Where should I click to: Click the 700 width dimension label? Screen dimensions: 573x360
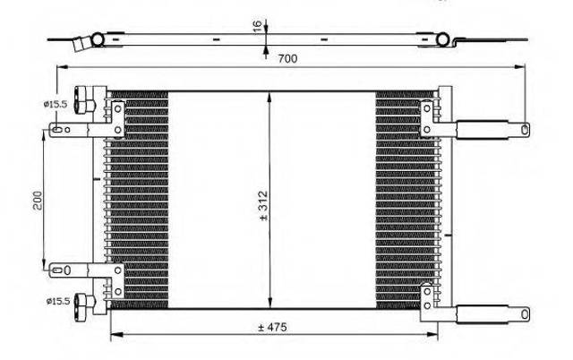pos(287,58)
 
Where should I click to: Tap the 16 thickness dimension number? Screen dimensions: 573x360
pos(258,26)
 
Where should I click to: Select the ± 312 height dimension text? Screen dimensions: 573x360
pos(263,206)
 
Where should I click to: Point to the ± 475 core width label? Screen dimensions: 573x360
pos(272,327)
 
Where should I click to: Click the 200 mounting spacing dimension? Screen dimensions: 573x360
pos(38,200)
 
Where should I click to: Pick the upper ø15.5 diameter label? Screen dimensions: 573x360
pos(56,104)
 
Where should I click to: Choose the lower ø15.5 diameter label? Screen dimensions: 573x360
pos(58,301)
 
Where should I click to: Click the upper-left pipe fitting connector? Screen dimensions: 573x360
pos(84,99)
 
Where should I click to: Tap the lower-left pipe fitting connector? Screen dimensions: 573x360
pos(84,303)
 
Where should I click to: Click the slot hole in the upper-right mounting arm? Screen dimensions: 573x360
pos(525,129)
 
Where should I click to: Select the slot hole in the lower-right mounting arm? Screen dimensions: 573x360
pos(525,314)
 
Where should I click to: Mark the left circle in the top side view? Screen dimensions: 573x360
pos(98,39)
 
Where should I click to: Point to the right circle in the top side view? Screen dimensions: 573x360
pos(442,39)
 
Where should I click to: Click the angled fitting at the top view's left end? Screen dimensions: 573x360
pos(81,44)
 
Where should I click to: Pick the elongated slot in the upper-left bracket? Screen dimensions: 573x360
pos(57,129)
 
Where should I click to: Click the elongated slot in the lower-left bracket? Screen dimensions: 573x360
pos(57,270)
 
